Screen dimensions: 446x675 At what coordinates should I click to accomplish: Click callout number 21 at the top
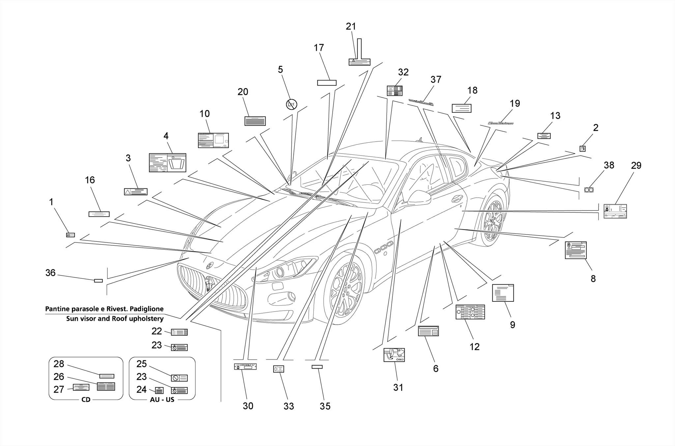tap(351, 26)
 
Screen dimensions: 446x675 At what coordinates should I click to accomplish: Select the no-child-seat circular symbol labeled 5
tap(291, 104)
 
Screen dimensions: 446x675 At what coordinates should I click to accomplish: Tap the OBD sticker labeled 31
tap(394, 355)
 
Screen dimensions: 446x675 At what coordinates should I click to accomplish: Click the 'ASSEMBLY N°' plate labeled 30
tap(245, 366)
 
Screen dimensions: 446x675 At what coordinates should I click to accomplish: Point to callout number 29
tap(636, 165)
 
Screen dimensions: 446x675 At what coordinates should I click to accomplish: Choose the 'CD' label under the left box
tap(86, 400)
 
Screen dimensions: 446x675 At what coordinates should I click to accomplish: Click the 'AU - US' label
tap(162, 400)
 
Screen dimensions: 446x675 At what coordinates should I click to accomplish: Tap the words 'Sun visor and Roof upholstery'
tap(115, 319)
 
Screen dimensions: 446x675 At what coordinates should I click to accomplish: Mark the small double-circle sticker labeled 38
tap(589, 190)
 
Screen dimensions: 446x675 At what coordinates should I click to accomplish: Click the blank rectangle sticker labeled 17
tap(327, 83)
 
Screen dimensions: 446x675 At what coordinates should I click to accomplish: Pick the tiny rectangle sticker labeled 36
tap(98, 281)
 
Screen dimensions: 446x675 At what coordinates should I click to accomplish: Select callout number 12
tap(474, 347)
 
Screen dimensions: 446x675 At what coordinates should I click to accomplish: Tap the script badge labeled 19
tap(501, 123)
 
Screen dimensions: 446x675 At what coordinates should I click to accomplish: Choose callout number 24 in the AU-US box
tap(141, 389)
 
